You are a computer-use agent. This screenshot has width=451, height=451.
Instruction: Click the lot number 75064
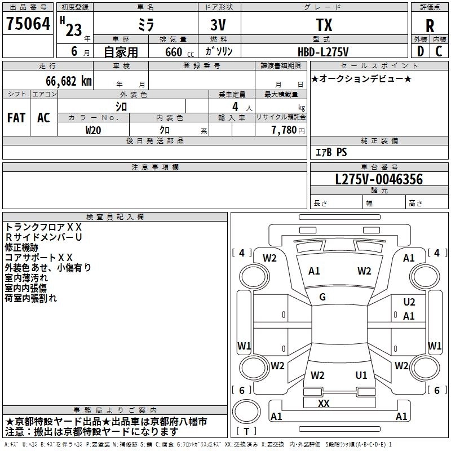tap(28, 24)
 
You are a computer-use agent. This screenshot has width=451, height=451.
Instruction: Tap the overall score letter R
tap(430, 26)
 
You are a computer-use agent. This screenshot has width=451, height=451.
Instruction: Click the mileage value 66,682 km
tap(63, 81)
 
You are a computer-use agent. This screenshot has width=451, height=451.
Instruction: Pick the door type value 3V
tap(219, 25)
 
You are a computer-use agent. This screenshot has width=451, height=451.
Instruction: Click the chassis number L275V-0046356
tap(379, 180)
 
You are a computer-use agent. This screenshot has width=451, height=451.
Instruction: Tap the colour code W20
tap(94, 130)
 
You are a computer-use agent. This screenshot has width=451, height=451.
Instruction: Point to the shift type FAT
tap(16, 118)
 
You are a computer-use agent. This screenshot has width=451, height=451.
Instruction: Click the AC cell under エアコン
tap(43, 118)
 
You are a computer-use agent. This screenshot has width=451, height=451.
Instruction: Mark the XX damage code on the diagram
tap(324, 404)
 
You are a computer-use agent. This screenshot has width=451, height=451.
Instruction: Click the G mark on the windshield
tap(322, 297)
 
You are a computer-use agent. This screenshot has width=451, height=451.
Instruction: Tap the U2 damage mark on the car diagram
tap(409, 302)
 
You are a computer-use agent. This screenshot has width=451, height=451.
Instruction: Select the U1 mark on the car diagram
tap(361, 375)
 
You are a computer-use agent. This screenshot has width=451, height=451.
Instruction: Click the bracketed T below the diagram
tap(246, 432)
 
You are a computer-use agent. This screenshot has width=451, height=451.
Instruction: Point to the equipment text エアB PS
tap(331, 152)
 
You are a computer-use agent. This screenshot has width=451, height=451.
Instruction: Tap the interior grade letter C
tap(439, 52)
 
